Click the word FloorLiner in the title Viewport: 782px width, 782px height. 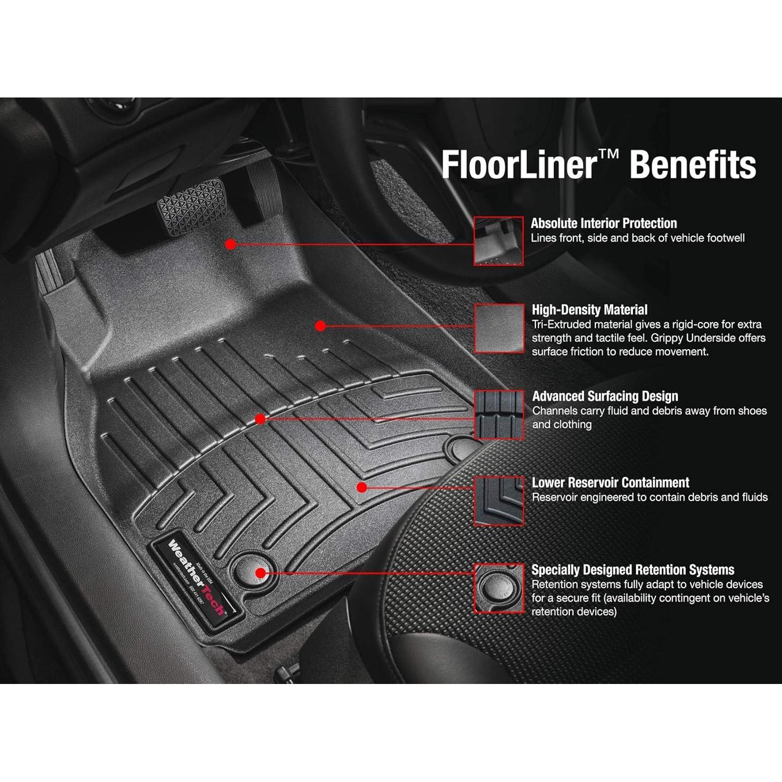(x=518, y=164)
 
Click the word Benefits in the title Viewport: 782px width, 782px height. (x=693, y=164)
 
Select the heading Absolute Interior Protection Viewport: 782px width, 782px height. (x=604, y=224)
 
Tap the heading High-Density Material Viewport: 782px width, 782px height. (x=590, y=310)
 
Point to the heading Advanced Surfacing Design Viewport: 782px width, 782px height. (x=605, y=397)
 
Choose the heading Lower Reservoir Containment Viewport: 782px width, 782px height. (x=610, y=483)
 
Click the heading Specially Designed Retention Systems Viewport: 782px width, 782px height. (x=633, y=570)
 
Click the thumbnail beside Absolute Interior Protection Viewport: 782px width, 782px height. (x=498, y=241)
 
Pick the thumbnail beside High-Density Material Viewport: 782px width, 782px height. (x=499, y=328)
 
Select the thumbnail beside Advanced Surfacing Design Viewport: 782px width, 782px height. (x=499, y=414)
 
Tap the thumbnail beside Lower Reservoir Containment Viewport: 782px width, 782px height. (x=499, y=500)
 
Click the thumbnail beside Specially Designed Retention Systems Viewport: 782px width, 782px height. (x=499, y=588)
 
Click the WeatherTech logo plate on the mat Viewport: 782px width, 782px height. (x=197, y=578)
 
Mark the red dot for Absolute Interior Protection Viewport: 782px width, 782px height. (x=231, y=244)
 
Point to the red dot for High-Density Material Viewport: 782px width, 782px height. (x=321, y=326)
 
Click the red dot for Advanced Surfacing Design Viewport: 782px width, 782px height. (x=260, y=419)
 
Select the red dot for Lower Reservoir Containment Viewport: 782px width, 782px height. (x=362, y=487)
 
